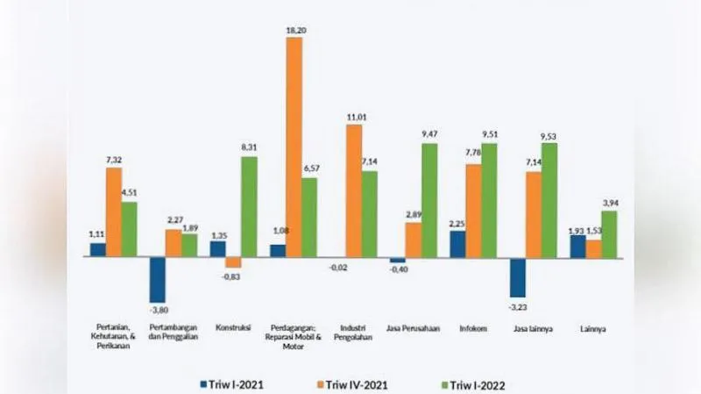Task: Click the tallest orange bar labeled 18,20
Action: [x=294, y=147]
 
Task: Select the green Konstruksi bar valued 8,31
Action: [x=250, y=207]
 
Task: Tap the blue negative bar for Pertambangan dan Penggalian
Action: [x=157, y=280]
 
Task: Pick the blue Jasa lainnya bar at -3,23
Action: [x=518, y=277]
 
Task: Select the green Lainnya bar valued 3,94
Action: [x=609, y=234]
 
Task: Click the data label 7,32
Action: [x=114, y=160]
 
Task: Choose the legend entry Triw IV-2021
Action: [x=358, y=383]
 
